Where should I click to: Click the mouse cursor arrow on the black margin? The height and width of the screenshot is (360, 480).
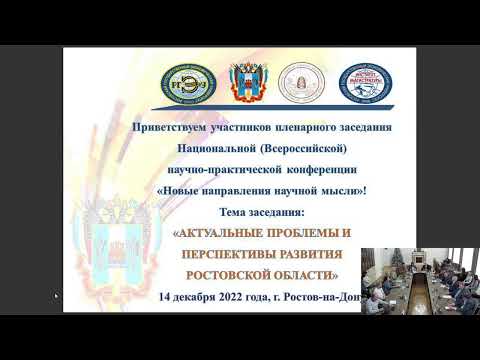(x=57, y=296)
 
